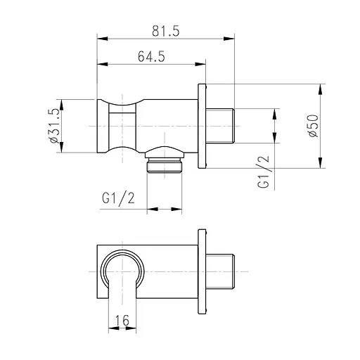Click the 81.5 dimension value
coord(166,31)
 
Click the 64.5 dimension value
coord(151,56)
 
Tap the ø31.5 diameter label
coord(53,126)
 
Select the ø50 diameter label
coord(314,126)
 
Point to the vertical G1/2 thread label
coord(264,172)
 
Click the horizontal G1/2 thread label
coord(119,199)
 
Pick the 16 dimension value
coord(122,320)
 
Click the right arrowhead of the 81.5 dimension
coord(229,39)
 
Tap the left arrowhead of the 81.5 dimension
coord(103,39)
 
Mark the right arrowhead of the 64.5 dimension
coord(200,64)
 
